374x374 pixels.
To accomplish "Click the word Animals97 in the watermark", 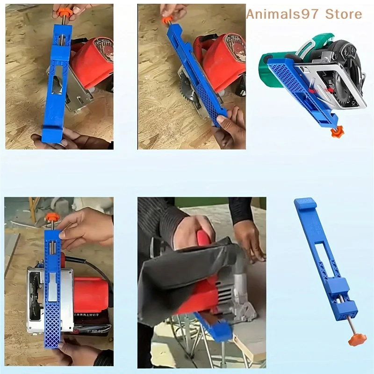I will (x=279, y=14).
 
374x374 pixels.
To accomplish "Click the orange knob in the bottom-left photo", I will (x=52, y=217).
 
